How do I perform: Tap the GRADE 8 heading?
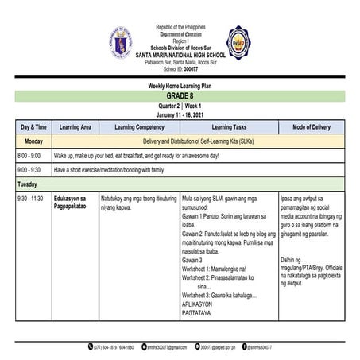tap(180, 95)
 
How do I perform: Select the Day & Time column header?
tap(33, 126)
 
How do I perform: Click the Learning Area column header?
tap(75, 126)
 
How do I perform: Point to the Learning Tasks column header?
tap(229, 126)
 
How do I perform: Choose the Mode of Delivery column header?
tap(312, 126)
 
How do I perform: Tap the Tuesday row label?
tap(29, 184)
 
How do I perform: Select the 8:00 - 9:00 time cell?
tap(29, 156)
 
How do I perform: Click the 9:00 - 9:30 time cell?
tap(29, 170)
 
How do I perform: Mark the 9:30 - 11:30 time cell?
tap(32, 198)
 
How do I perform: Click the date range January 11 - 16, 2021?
tap(180, 114)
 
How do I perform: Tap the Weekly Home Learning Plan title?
tap(180, 85)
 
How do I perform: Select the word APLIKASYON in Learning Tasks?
tap(201, 304)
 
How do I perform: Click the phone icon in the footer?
tap(90, 347)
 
